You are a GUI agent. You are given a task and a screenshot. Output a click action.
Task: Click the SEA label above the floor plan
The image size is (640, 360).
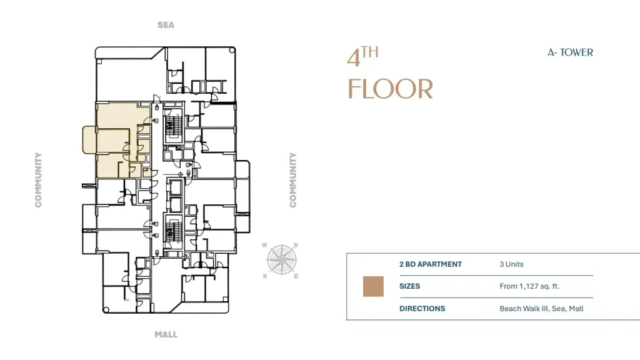[166, 25]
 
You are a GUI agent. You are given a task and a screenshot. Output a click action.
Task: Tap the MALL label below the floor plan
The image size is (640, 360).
[166, 335]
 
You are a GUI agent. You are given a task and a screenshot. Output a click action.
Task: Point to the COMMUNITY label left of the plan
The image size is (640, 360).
[38, 180]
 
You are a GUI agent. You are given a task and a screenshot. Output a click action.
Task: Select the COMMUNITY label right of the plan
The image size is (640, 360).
[292, 180]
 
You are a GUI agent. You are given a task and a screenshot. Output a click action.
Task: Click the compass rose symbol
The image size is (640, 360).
[282, 259]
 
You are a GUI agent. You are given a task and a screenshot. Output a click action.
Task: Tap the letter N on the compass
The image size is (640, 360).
[296, 245]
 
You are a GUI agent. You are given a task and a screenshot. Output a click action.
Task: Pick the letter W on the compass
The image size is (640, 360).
[264, 245]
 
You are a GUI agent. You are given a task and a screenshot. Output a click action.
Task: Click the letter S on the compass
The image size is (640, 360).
[265, 276]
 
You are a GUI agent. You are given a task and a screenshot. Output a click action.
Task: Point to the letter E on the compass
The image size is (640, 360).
[296, 276]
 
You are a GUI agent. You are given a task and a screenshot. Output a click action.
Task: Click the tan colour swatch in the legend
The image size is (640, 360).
[374, 286]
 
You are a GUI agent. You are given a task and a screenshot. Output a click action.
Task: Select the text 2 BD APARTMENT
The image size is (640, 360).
[431, 264]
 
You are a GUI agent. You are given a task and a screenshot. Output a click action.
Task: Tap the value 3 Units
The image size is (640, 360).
[511, 264]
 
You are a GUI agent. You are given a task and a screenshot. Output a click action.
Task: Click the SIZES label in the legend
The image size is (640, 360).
[410, 286]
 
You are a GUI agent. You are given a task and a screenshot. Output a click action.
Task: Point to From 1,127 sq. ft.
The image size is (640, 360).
[529, 286]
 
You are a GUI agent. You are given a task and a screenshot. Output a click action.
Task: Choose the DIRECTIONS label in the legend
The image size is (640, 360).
[422, 309]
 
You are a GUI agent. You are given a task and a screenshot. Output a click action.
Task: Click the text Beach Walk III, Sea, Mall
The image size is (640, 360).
[542, 309]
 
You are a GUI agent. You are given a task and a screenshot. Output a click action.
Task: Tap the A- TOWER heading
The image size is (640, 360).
[570, 52]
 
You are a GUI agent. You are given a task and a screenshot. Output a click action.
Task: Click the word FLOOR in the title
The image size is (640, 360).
[390, 89]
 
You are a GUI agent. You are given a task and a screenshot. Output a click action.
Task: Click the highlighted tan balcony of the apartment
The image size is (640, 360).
[89, 140]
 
